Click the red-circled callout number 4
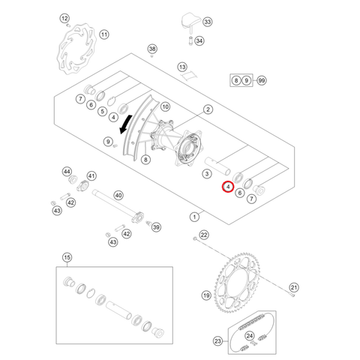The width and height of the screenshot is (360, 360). [228, 187]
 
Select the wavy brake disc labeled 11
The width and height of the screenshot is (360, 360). [76, 49]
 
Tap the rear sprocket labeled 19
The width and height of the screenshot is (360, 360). [237, 283]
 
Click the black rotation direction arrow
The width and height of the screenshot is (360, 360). [126, 124]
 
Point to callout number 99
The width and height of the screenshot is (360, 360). [262, 80]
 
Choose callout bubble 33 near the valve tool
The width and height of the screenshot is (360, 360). [208, 22]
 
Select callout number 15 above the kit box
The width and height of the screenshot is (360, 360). [67, 257]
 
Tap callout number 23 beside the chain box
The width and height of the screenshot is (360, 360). [217, 341]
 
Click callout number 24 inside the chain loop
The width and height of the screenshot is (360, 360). [250, 335]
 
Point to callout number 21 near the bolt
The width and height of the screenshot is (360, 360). [294, 287]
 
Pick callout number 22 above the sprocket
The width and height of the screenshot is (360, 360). [204, 235]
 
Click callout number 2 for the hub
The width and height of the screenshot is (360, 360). [208, 109]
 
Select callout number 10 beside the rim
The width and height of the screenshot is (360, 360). [165, 107]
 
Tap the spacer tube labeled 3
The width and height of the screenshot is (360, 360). [217, 166]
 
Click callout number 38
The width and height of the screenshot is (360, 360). [152, 49]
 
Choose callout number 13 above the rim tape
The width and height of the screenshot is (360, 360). [182, 67]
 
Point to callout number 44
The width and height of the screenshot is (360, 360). [67, 172]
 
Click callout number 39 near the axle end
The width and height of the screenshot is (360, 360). [156, 227]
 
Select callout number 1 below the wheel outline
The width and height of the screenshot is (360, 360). [194, 217]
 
